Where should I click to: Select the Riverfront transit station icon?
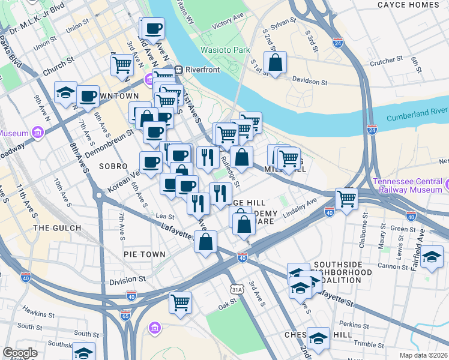[178, 70]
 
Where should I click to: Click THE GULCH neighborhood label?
[57, 228]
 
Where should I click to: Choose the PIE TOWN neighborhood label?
[144, 254]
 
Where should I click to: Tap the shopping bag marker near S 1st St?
[275, 62]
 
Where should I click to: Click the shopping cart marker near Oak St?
[180, 302]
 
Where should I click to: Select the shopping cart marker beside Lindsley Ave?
[346, 199]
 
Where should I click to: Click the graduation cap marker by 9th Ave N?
[65, 92]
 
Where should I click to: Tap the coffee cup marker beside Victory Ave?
[153, 28]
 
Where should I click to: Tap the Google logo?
[20, 352]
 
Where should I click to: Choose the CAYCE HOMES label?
[408, 5]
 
